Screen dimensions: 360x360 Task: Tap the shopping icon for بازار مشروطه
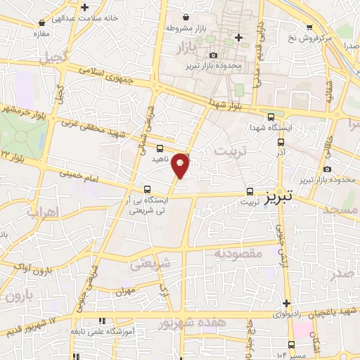coord(185,17)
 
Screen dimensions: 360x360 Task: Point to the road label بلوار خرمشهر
coord(25,110)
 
